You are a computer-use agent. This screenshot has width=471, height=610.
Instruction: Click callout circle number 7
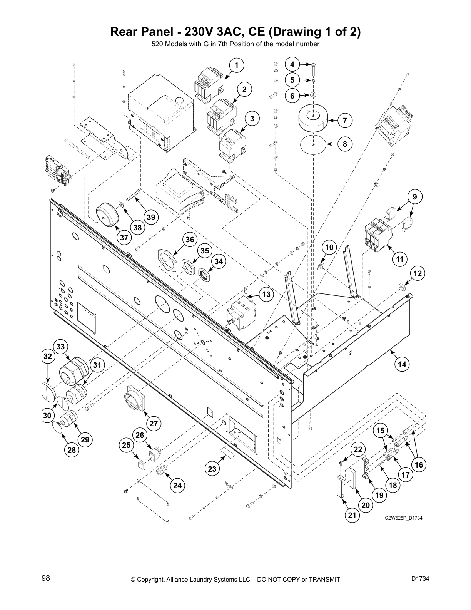coord(345,121)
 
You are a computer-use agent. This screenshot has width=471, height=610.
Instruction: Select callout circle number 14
coord(402,364)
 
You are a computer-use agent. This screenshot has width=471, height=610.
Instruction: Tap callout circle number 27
coord(154,424)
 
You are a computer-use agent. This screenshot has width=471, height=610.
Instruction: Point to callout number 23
coord(212,469)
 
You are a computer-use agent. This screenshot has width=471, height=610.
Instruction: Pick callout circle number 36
coord(190,240)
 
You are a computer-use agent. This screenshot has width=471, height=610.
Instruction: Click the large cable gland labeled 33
coord(73,370)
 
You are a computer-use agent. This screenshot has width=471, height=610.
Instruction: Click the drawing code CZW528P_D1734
coord(404,518)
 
